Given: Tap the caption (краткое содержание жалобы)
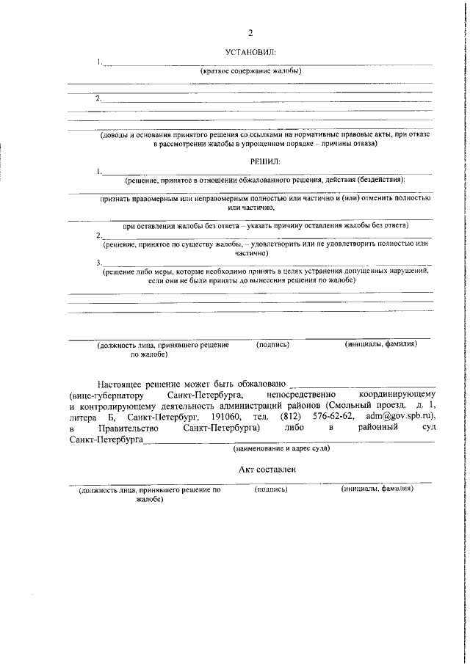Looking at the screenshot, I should click(x=252, y=71).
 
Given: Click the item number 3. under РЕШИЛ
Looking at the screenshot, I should click(x=99, y=262).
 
